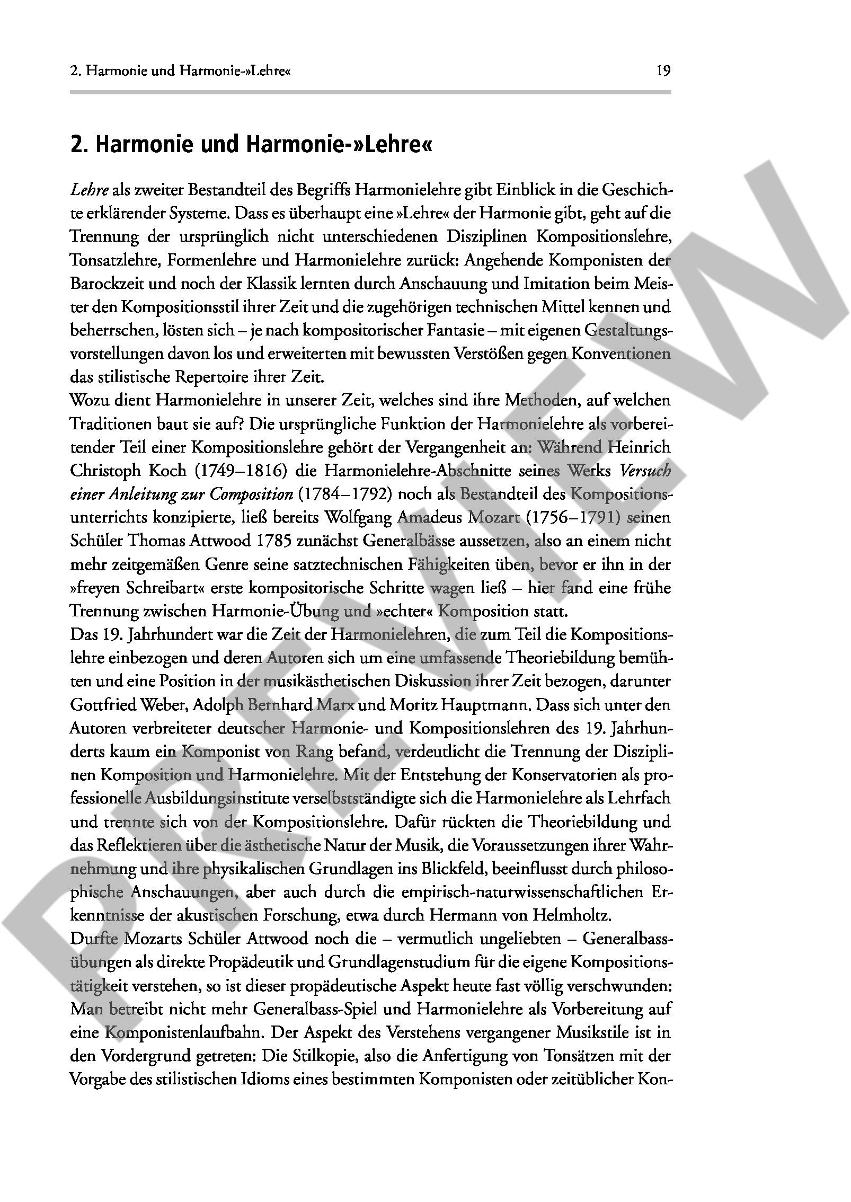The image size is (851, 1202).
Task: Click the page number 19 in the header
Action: (x=663, y=71)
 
